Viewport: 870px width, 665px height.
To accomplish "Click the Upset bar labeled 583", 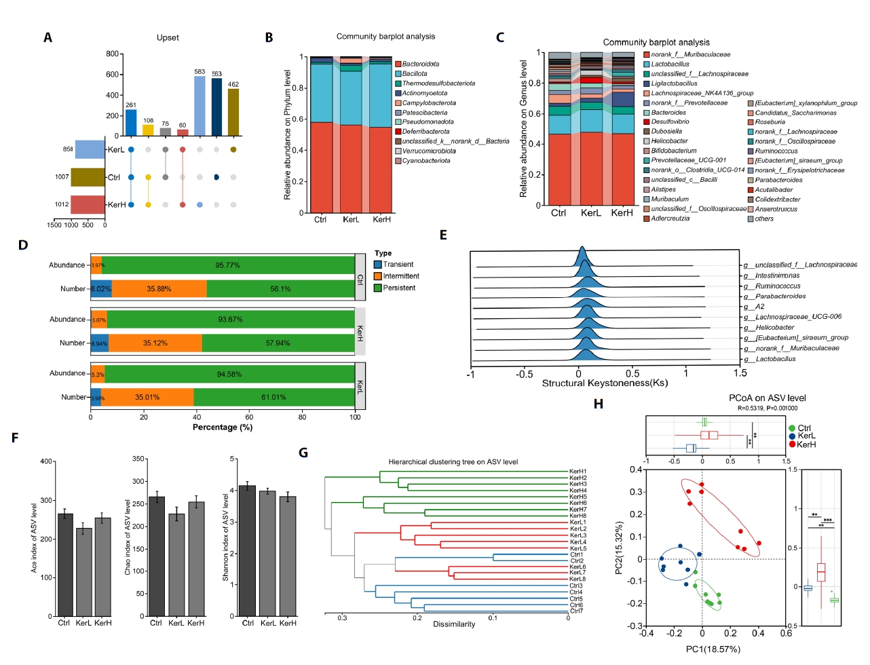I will tap(200, 106).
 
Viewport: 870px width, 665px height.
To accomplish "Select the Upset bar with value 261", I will tap(131, 123).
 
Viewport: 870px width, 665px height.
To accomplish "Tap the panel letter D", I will tap(23, 245).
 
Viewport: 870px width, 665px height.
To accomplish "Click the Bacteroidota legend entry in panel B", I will tap(420, 64).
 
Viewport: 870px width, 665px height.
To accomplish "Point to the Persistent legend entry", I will tap(398, 288).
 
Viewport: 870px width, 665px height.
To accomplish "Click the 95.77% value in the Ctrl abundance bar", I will tap(227, 265).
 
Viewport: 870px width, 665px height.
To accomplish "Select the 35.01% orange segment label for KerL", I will tap(147, 397).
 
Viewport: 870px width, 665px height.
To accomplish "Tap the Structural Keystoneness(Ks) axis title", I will tap(605, 383).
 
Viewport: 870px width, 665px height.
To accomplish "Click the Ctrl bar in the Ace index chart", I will tap(65, 565).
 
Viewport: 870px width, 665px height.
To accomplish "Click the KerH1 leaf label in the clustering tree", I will tap(578, 471).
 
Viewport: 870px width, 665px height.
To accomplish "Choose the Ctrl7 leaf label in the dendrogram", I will tap(576, 611).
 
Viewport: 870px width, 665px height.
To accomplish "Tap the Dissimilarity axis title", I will tap(454, 624).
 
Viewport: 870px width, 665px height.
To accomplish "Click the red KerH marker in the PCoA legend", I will tap(792, 444).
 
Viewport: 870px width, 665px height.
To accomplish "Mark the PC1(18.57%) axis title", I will tap(713, 649).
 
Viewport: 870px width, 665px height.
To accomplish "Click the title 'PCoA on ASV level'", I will tap(768, 398).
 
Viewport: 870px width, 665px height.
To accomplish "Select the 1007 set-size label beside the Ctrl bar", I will tap(62, 177).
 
